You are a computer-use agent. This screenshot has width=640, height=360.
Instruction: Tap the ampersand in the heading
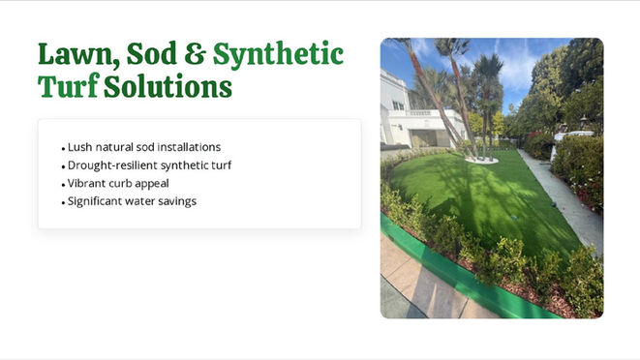[x=195, y=54]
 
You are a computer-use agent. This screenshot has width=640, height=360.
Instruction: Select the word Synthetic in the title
[x=278, y=55]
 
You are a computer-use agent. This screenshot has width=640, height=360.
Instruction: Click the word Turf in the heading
[x=69, y=86]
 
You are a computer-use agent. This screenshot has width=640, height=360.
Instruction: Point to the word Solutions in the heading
[x=168, y=86]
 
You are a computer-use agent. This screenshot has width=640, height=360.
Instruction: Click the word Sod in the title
[x=151, y=54]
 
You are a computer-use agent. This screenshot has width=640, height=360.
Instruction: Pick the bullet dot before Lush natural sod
[x=63, y=149]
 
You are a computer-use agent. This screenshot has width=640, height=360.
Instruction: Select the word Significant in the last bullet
[x=95, y=201]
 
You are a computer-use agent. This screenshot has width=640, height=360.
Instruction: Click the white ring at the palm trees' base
[x=481, y=161]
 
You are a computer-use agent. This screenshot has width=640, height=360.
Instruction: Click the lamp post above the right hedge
[x=584, y=123]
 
